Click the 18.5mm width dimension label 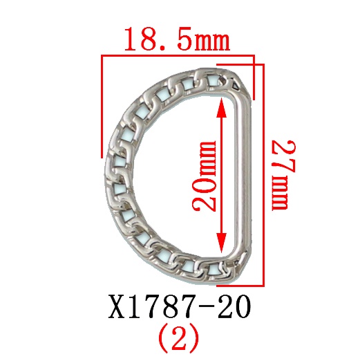tap(176, 40)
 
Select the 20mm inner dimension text tap(205, 176)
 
